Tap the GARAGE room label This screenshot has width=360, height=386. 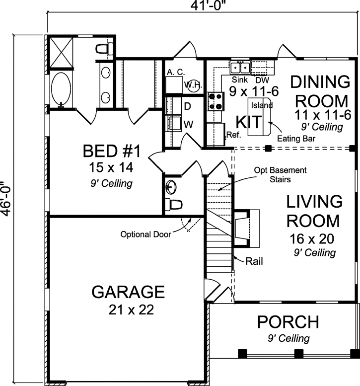(128, 292)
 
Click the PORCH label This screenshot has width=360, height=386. (288, 322)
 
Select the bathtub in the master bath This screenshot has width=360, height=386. (62, 90)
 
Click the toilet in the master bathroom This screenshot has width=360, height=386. (103, 49)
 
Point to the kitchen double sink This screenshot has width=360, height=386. (240, 67)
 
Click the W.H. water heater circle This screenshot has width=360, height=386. (192, 85)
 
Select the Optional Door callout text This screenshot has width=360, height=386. (145, 234)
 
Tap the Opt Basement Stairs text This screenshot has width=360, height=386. (281, 174)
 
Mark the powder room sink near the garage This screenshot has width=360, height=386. (171, 187)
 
